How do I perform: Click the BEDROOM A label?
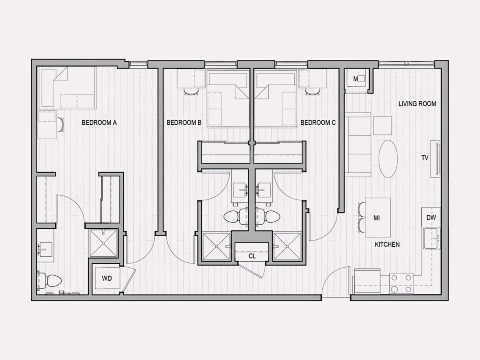click(99, 123)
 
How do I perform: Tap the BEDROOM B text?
click(184, 123)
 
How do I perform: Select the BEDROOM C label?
click(318, 123)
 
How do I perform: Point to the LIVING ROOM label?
click(417, 104)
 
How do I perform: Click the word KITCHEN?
click(387, 244)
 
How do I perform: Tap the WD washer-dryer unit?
click(107, 278)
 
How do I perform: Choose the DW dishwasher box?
click(431, 217)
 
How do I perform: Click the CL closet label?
click(252, 256)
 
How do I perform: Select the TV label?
click(425, 158)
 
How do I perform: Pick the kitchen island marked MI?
click(378, 218)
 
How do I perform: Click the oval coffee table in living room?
click(388, 159)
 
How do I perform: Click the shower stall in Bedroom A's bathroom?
click(104, 243)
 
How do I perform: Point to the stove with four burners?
click(401, 284)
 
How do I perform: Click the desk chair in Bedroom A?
click(60, 125)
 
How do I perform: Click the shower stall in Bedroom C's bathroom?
click(287, 246)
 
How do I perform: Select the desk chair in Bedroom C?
click(312, 92)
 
